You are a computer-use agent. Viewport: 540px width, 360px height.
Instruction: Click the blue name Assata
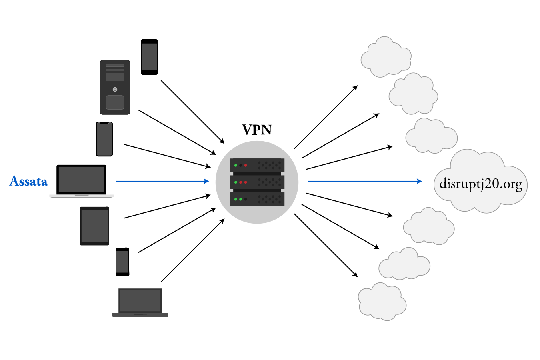pyautogui.click(x=28, y=181)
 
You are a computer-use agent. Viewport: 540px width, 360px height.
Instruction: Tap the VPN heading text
pyautogui.click(x=257, y=130)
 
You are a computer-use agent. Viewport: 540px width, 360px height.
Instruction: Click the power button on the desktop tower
pyautogui.click(x=115, y=90)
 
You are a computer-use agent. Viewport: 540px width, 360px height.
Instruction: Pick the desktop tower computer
pyautogui.click(x=115, y=87)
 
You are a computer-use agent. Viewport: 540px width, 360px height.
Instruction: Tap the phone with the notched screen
pyautogui.click(x=104, y=139)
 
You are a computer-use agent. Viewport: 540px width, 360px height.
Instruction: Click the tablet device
pyautogui.click(x=94, y=226)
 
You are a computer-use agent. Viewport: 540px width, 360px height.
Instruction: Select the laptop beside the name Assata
pyautogui.click(x=82, y=181)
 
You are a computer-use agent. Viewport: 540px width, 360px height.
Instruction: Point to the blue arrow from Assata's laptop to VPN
pyautogui.click(x=162, y=181)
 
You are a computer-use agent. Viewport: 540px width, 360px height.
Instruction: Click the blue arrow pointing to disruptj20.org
pyautogui.click(x=365, y=181)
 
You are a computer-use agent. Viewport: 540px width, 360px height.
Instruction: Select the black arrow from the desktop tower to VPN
pyautogui.click(x=177, y=132)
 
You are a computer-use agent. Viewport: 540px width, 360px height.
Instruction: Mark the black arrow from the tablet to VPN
pyautogui.click(x=167, y=206)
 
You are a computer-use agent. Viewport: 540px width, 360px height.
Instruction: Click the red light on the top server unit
pyautogui.click(x=246, y=166)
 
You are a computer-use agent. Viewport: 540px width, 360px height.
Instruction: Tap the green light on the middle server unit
pyautogui.click(x=236, y=182)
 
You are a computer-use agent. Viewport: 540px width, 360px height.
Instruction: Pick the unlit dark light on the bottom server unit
pyautogui.click(x=246, y=199)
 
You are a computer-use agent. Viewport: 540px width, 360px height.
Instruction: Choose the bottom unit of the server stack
pyautogui.click(x=257, y=199)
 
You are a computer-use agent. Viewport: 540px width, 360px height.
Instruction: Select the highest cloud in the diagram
pyautogui.click(x=386, y=57)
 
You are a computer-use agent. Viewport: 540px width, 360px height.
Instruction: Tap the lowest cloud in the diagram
pyautogui.click(x=382, y=302)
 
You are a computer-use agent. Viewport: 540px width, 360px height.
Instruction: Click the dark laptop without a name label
pyautogui.click(x=140, y=302)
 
